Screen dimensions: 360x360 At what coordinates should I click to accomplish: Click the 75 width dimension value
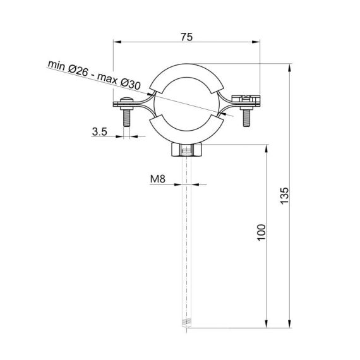point(186,37)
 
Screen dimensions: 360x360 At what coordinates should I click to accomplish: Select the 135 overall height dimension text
point(284,196)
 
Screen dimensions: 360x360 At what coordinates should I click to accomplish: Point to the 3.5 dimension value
point(100,132)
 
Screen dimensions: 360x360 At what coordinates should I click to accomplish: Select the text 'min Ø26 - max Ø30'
point(94,75)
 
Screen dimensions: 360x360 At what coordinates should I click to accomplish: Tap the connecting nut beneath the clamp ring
point(186,151)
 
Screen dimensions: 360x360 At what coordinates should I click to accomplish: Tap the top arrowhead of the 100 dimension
point(267,147)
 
